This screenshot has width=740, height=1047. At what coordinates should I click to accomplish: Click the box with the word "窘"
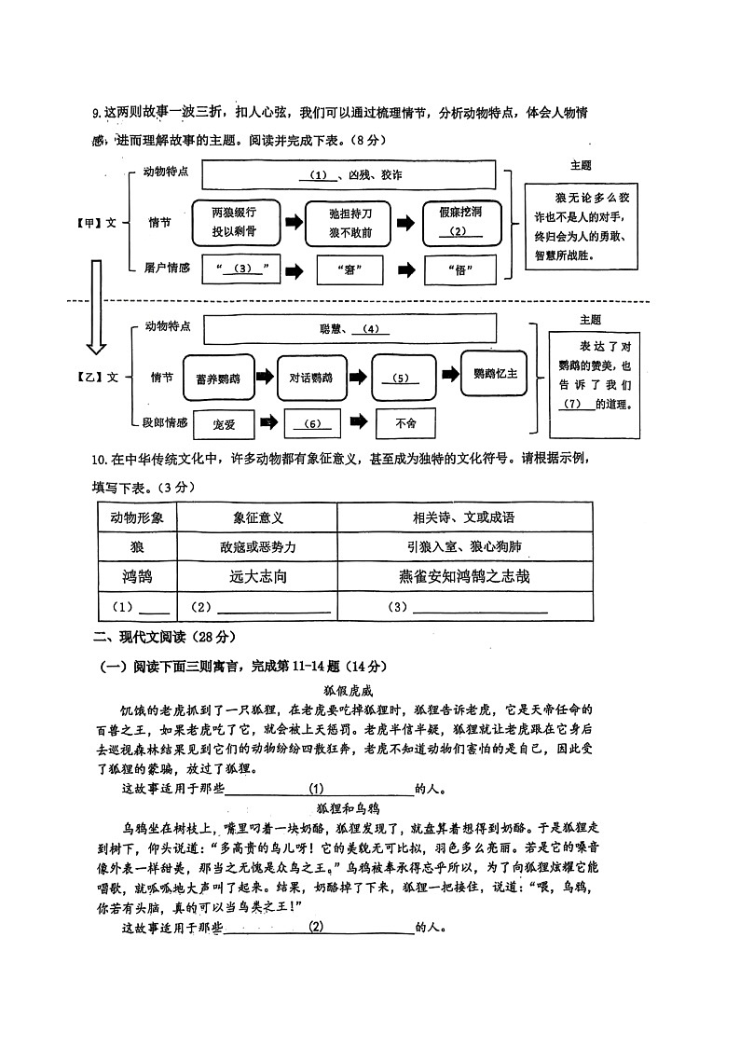350,270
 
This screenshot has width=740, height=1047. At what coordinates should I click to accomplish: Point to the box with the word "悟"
460,270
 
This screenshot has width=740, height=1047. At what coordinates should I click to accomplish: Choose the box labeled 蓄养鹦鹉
218,378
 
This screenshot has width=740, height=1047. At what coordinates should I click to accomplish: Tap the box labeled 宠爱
224,423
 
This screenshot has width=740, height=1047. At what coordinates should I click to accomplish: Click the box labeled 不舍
406,423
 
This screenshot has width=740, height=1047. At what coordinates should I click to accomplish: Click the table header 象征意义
257,517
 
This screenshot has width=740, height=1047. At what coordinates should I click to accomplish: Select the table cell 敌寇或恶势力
257,547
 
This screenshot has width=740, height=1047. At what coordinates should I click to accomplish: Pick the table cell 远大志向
257,577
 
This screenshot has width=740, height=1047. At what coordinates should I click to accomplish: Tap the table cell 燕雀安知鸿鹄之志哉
464,577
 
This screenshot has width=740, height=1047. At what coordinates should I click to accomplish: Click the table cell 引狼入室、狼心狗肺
464,547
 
